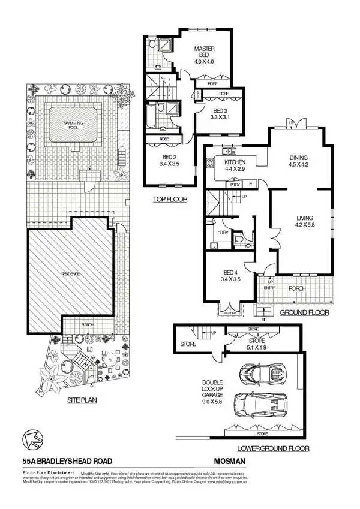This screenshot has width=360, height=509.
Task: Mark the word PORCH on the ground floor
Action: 297,288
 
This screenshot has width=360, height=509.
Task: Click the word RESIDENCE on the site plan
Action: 70,273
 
